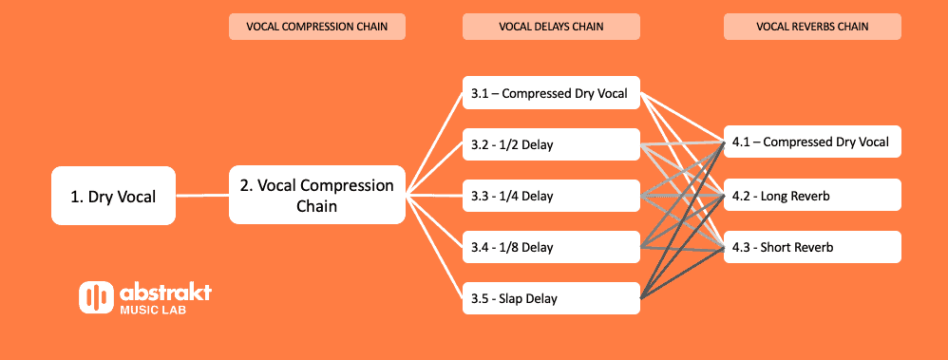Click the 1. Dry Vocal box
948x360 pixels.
tap(113, 197)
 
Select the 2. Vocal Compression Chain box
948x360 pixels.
tap(316, 196)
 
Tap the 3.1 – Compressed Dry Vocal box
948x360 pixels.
tap(551, 93)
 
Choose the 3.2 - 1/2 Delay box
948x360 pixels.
tap(551, 144)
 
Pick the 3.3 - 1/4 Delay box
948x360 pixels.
tap(551, 196)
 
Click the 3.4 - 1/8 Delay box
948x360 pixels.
tap(551, 247)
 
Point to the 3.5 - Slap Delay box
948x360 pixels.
tap(551, 298)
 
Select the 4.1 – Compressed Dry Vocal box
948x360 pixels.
tap(811, 142)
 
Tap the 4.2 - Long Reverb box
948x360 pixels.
tap(811, 196)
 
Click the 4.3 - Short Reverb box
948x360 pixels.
tap(811, 247)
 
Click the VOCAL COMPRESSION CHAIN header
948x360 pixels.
tap(317, 28)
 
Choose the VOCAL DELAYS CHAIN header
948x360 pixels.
tap(551, 28)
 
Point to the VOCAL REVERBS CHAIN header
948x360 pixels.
tap(812, 28)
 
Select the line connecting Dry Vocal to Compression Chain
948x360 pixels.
tap(202, 197)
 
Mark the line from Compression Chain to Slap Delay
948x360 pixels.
tap(435, 247)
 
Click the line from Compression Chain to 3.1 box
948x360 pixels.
tap(435, 144)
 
